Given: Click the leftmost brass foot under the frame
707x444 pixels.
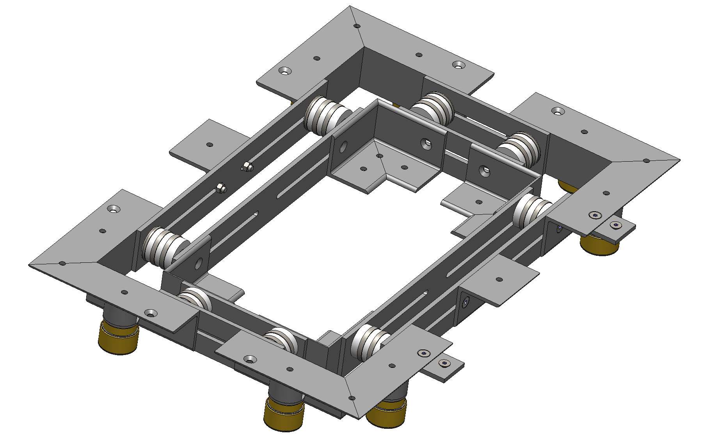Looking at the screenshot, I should point(119,338).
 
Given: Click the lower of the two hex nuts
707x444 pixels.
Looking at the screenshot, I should point(221,189).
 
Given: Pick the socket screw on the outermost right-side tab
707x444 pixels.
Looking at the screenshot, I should point(616,225).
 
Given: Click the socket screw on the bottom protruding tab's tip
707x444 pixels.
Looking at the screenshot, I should point(444,364).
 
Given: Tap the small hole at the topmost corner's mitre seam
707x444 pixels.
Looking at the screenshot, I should point(357,26).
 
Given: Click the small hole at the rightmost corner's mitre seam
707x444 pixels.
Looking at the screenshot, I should point(646,160).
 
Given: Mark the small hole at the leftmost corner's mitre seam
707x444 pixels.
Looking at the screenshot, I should point(62,264).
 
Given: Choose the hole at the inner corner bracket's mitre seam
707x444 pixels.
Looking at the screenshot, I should point(379,156).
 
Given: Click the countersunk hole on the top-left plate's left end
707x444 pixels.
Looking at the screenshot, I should point(284,71).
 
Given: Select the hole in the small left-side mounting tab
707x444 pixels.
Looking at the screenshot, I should point(210,144).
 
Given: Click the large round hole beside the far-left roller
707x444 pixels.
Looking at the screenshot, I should point(198,263).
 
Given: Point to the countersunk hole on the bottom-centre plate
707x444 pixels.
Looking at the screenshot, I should point(249,358).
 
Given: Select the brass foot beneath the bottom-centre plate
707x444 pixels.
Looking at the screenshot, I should point(284,415).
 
